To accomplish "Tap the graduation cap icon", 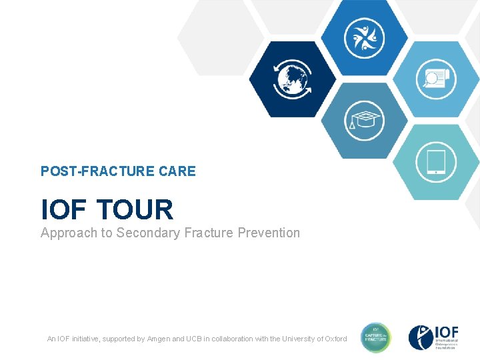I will (x=364, y=121).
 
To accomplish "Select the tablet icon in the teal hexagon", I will (x=435, y=162).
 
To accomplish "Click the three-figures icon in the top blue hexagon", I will (x=364, y=38).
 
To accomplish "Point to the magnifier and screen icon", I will (x=435, y=79).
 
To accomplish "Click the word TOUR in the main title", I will (x=135, y=210).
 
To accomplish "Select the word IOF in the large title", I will (x=64, y=210).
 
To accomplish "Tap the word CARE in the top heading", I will (x=177, y=171).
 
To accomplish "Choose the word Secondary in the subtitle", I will (x=148, y=233).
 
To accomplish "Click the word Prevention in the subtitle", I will (x=268, y=233).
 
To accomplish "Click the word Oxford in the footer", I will (x=334, y=339).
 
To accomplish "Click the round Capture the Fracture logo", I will (x=376, y=338).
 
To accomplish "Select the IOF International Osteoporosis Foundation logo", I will (x=434, y=338).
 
